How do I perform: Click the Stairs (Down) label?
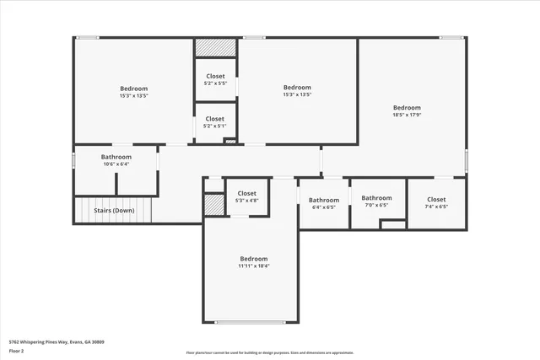coord(113,210)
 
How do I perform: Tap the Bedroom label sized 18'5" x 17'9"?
coord(407,108)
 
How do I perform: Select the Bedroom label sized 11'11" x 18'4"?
coord(253,259)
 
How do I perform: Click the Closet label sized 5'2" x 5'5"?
coord(215,76)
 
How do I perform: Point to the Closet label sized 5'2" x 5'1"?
coord(215,119)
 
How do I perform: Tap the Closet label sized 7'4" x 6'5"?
coord(436,199)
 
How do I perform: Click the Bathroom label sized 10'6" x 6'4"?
coord(116,157)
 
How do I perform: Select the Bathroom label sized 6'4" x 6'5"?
coord(324,200)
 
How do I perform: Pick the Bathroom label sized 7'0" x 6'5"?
coord(377,198)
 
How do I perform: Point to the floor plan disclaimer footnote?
coord(270,352)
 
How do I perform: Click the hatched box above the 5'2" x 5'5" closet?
coord(216,48)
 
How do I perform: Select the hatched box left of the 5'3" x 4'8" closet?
coord(213,205)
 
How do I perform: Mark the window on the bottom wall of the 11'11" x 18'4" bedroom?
coord(250,322)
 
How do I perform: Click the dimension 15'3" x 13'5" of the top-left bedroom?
coord(133,96)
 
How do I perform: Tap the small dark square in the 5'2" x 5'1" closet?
coord(229,141)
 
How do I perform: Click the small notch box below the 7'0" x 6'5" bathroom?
coord(392,224)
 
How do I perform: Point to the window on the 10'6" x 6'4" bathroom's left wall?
coord(74,159)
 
